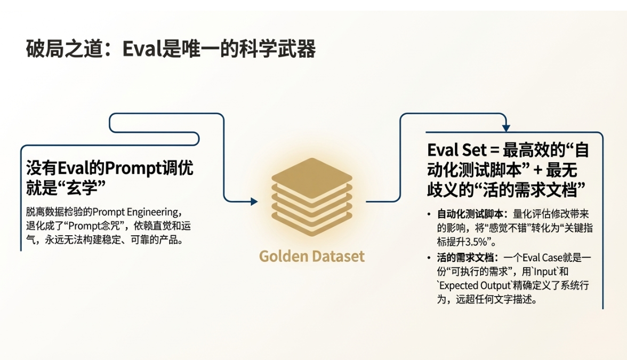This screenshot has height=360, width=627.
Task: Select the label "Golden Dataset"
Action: (312, 256)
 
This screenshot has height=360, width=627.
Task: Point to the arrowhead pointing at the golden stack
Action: (254, 202)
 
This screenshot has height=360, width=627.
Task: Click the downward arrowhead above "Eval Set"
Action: (506, 128)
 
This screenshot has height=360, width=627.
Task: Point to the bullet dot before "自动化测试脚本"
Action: (429, 214)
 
